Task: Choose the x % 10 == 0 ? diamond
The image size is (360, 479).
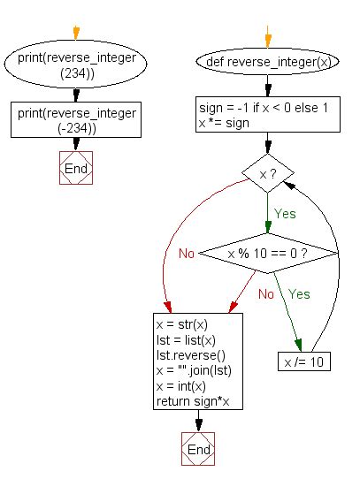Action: pos(268,254)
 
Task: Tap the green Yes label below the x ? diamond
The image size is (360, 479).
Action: pos(284,213)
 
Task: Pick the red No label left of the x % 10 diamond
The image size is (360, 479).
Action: pos(187,254)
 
